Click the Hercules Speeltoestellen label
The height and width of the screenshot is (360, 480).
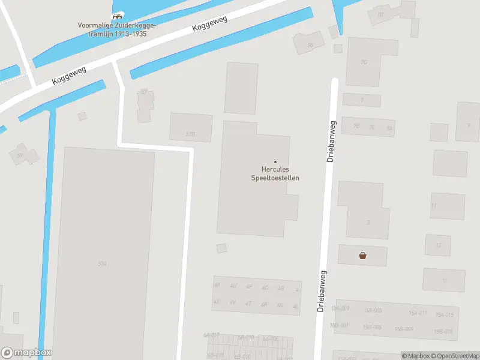click(275, 174)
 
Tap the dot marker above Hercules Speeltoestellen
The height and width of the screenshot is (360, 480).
click(275, 162)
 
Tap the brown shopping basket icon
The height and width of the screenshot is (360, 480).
click(362, 256)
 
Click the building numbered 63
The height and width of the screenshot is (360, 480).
click(380, 15)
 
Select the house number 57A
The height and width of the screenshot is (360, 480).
click(103, 263)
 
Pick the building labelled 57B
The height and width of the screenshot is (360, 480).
click(191, 133)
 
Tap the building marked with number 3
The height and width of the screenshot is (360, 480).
click(367, 222)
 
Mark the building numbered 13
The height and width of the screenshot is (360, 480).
click(438, 245)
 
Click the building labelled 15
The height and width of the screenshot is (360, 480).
click(444, 280)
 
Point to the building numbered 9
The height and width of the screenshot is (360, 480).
click(468, 125)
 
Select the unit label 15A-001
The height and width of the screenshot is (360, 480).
click(340, 309)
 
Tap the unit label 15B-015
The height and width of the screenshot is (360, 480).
click(443, 331)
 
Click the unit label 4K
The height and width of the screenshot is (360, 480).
click(217, 286)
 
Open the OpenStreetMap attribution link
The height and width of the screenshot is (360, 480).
click(453, 356)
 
